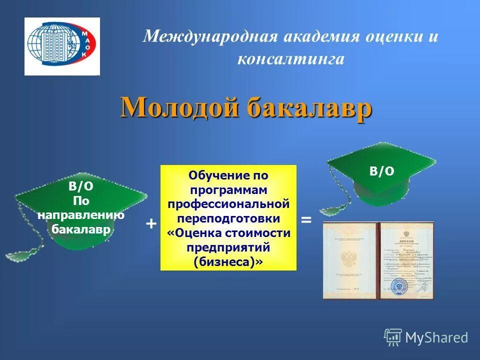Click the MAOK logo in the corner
click(62, 46)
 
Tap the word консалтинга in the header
click(290, 59)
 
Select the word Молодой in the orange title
click(179, 106)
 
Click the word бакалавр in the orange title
click(309, 106)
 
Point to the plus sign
click(150, 223)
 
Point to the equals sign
click(306, 219)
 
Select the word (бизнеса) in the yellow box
click(228, 261)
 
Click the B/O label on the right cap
click(382, 171)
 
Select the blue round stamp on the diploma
click(400, 286)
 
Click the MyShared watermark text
click(436, 337)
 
